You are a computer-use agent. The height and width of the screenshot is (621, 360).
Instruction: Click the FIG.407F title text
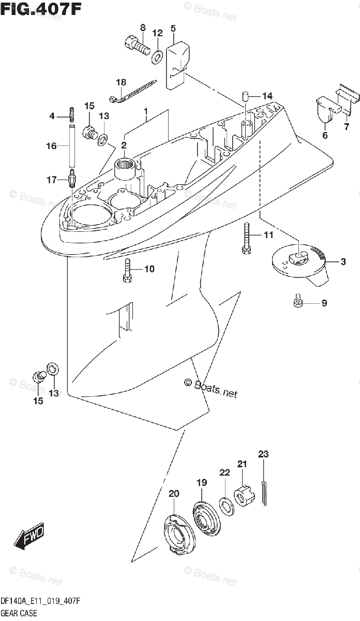click(x=41, y=9)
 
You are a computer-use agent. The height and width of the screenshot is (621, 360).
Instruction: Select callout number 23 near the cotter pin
click(x=264, y=454)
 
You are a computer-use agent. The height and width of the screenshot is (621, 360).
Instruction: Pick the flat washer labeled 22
click(x=227, y=505)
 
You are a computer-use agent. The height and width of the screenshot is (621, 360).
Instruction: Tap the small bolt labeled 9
click(x=297, y=302)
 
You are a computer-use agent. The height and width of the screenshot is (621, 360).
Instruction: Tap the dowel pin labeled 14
click(x=246, y=96)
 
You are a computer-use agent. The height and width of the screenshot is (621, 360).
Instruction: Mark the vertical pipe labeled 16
click(x=71, y=147)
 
